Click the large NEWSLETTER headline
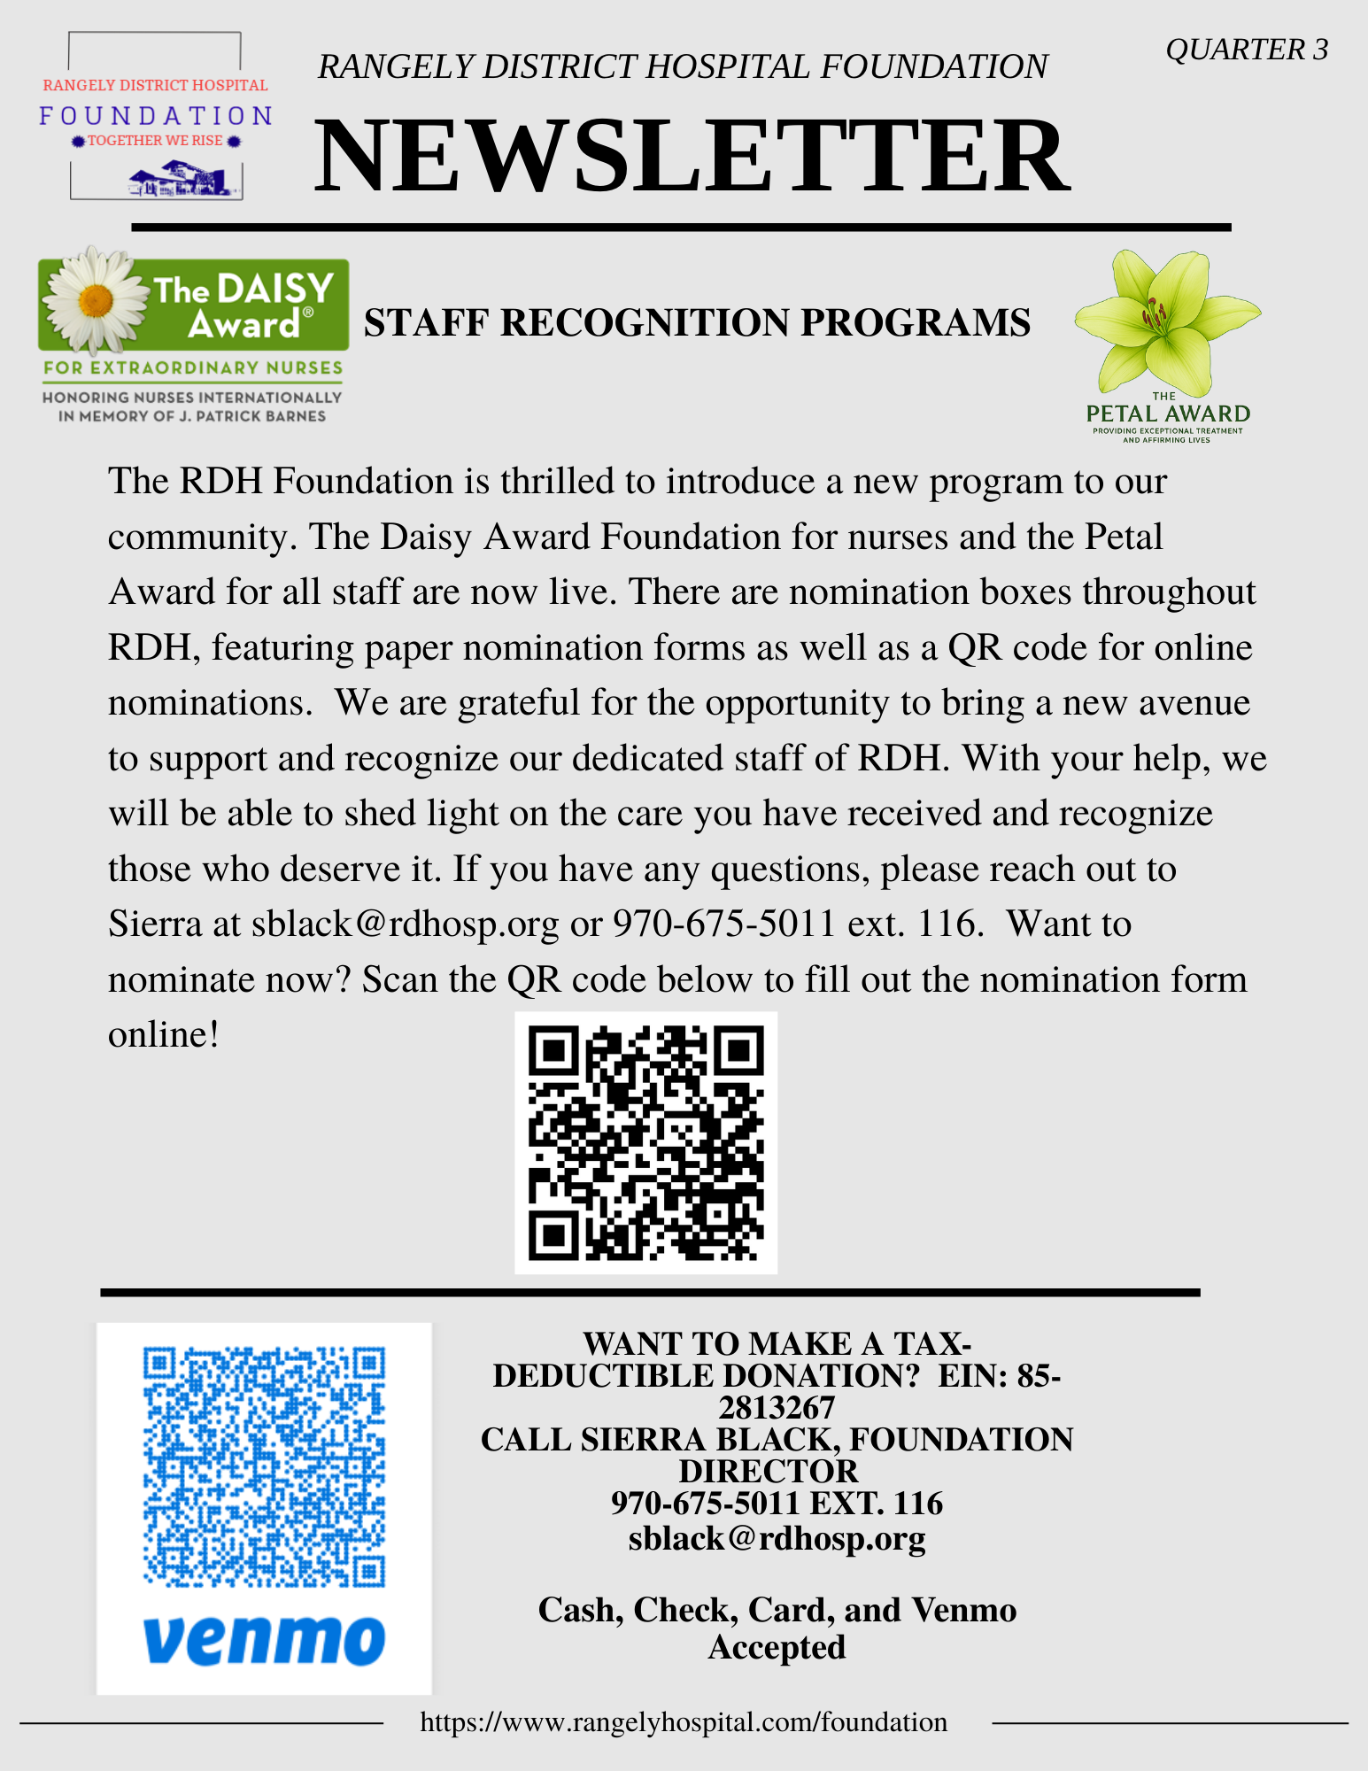692,157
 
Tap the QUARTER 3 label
1246,50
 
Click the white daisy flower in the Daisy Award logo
95,299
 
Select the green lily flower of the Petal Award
1164,319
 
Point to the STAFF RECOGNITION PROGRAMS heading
697,323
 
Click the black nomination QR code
645,1142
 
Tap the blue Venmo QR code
264,1466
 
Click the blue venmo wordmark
264,1640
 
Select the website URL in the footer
684,1722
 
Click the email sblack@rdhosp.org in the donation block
777,1539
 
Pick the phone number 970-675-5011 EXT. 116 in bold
777,1504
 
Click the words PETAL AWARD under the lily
1168,414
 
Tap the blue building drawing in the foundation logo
183,180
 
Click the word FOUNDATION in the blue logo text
156,116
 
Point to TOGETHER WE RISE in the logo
155,141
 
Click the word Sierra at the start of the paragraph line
154,924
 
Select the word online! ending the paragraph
164,1034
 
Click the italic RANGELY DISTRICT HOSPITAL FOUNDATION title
683,67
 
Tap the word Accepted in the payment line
777,1647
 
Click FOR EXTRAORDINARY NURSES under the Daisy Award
193,367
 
